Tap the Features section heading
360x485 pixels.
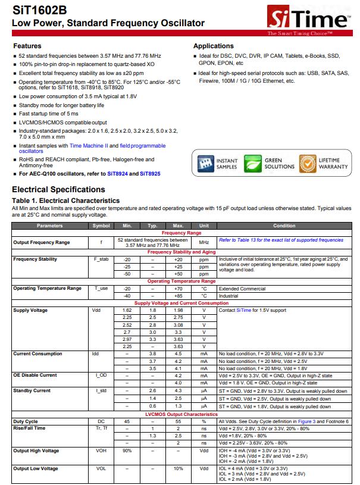[27, 46]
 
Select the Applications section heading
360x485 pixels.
[213, 46]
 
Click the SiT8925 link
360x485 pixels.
[150, 174]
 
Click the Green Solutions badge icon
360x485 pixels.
[253, 163]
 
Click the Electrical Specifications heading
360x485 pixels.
[58, 190]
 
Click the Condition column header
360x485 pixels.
[284, 226]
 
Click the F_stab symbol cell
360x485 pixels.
[101, 259]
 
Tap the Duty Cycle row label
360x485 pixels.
[26, 421]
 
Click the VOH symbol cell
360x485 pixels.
[101, 451]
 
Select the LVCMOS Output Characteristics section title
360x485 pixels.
[181, 414]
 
